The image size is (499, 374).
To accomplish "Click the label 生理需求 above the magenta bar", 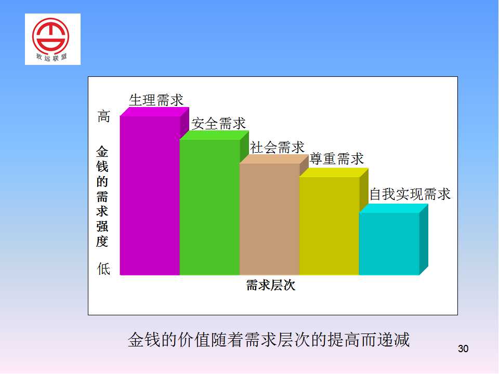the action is point(156,100).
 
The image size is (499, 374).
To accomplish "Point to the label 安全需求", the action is point(219,124).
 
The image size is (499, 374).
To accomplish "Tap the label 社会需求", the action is point(277,148).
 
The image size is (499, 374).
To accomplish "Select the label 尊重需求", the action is point(336,159).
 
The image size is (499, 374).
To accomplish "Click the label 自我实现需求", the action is point(410,194).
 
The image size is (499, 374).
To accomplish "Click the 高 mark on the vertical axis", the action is point(104,116).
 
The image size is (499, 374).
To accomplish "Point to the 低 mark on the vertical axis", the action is point(104,269).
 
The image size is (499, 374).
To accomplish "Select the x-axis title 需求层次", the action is point(271,285).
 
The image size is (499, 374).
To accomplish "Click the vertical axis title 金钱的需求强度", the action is point(102,196).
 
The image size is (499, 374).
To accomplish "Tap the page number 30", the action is point(463,349).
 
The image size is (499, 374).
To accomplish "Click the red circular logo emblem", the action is point(50,36).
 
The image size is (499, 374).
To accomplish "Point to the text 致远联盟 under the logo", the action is point(51,58).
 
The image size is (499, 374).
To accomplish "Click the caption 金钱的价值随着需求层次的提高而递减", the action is point(269,340).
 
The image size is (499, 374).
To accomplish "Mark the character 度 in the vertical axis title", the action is point(102,242).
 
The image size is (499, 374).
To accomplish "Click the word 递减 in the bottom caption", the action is point(393,340).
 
